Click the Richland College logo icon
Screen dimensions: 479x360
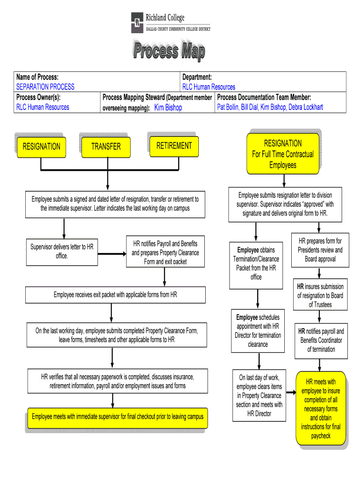pos(137,22)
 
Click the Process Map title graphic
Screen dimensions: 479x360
pos(169,51)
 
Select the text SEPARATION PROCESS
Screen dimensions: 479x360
pos(45,87)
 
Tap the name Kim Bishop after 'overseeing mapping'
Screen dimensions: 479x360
pos(168,108)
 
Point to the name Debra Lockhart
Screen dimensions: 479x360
pos(306,107)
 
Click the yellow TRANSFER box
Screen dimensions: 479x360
pos(106,146)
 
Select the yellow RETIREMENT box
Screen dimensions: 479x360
pos(174,145)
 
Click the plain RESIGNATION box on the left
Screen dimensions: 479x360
pos(41,146)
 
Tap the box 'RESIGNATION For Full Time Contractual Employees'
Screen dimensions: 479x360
pos(282,154)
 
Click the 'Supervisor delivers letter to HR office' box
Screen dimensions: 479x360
pos(62,252)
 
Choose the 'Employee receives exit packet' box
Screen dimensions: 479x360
pos(115,295)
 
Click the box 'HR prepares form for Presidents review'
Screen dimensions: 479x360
pos(320,250)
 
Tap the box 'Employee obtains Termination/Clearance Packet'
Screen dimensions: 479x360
pos(256,263)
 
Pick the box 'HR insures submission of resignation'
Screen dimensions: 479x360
pos(320,295)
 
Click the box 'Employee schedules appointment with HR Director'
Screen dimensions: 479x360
pos(258,331)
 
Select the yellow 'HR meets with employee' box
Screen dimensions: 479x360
pos(320,408)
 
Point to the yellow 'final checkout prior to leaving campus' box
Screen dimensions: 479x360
pos(117,416)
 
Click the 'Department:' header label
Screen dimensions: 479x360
pos(197,77)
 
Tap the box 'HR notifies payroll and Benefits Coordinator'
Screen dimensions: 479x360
pos(321,340)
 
